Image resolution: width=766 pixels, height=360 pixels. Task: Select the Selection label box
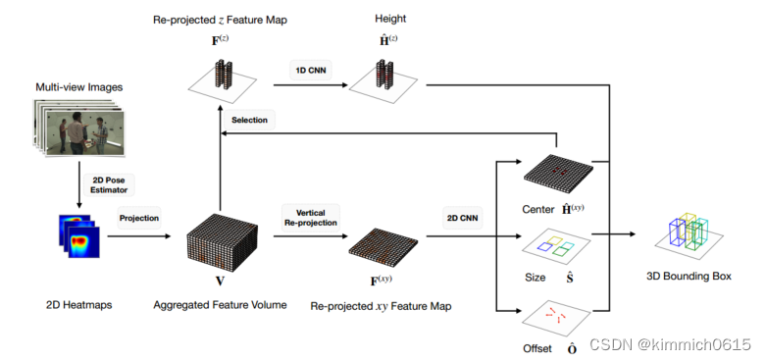pyautogui.click(x=249, y=120)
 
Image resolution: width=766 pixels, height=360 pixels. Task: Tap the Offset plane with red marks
pyautogui.click(x=557, y=317)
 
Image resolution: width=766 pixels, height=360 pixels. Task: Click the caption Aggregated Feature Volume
pyautogui.click(x=220, y=305)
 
